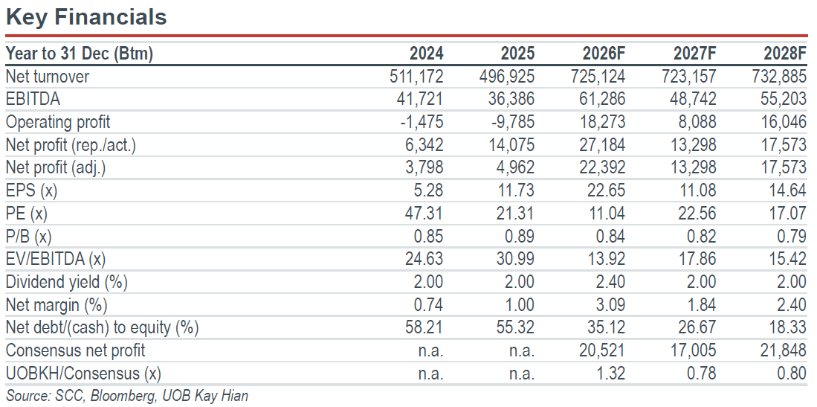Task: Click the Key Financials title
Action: tap(86, 17)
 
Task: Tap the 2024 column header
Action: tap(426, 54)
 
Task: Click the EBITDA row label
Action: tap(33, 99)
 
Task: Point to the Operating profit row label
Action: tap(58, 122)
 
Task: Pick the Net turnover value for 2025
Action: tap(506, 77)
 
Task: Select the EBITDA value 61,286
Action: tap(602, 99)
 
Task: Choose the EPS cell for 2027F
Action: tap(696, 190)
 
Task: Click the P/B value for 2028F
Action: tap(791, 237)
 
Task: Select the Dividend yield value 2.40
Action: tap(609, 282)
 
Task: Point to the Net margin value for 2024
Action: tap(427, 305)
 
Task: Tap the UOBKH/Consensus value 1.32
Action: tap(609, 374)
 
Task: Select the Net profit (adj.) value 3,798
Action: tap(423, 168)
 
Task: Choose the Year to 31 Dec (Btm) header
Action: tap(80, 54)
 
